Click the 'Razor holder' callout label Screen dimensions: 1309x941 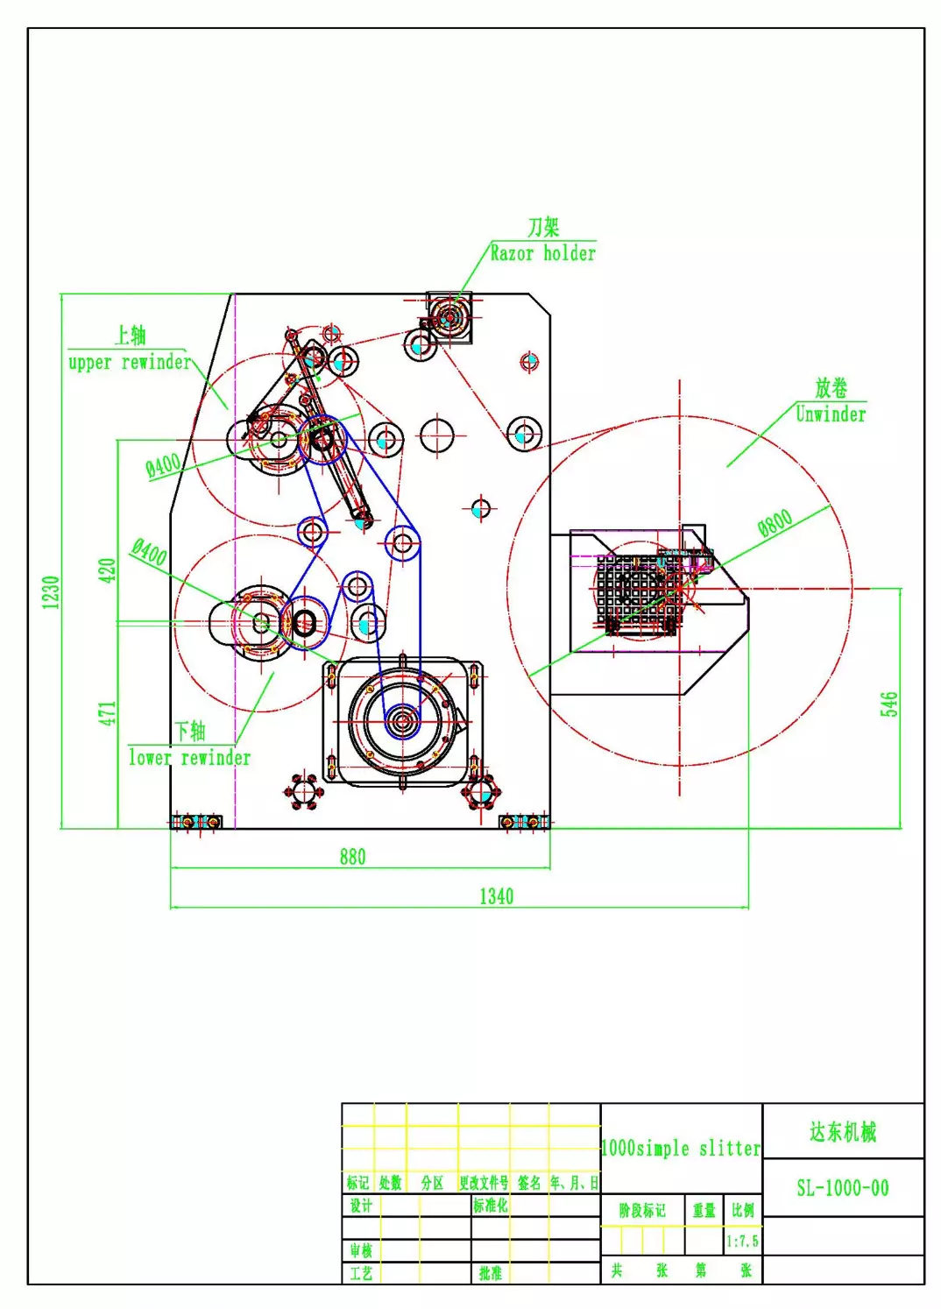pos(542,254)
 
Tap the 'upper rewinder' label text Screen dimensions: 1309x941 pos(129,362)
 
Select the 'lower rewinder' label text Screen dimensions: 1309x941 pos(189,758)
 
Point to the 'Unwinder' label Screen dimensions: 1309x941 pos(830,414)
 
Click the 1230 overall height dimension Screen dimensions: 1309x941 pos(51,591)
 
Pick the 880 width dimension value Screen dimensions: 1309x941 pos(352,857)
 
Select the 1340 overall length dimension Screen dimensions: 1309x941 pos(496,896)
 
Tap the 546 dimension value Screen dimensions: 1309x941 pos(889,704)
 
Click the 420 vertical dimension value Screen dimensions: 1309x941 pos(107,570)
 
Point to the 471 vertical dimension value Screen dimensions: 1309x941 pos(107,712)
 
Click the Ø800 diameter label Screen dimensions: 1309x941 pos(775,523)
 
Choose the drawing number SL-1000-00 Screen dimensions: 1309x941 pos(842,1188)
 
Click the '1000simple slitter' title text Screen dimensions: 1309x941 pos(681,1148)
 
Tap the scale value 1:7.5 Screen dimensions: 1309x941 pos(742,1241)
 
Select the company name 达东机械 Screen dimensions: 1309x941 pos(842,1132)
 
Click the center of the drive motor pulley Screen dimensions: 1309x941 pos(402,721)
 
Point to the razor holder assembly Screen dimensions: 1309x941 pos(449,316)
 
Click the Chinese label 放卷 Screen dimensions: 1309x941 pos(831,387)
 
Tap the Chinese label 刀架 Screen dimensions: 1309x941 pos(543,227)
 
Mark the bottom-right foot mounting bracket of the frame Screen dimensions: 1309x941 pos(523,821)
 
